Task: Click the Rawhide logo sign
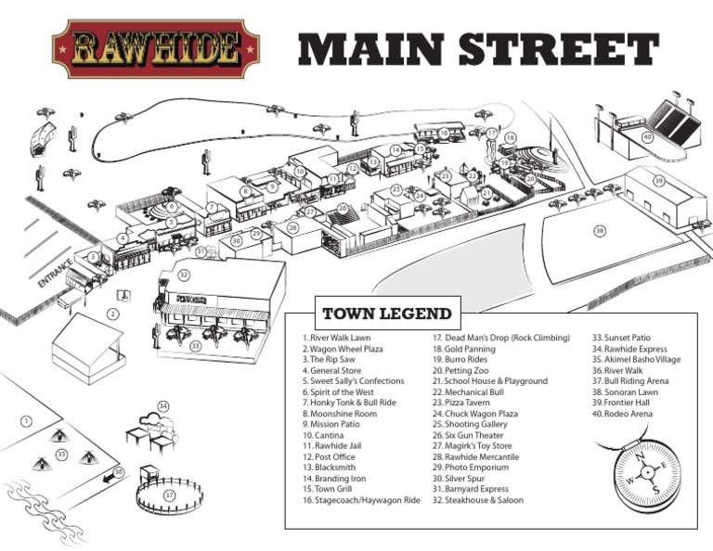coord(155,48)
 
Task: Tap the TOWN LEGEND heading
coord(386,314)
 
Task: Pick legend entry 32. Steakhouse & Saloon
coord(478,500)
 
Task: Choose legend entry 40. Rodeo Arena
coord(622,414)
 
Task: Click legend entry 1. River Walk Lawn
coord(336,338)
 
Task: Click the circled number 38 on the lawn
coord(600,230)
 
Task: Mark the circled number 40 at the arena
coord(647,136)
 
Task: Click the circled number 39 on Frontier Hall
coord(658,181)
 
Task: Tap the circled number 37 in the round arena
coord(169,495)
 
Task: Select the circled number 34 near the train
coord(163,406)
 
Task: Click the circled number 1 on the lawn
coord(26,421)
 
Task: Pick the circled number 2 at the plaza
coord(113,314)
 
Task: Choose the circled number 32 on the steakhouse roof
coord(184,275)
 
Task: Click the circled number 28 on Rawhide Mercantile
coord(292,227)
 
